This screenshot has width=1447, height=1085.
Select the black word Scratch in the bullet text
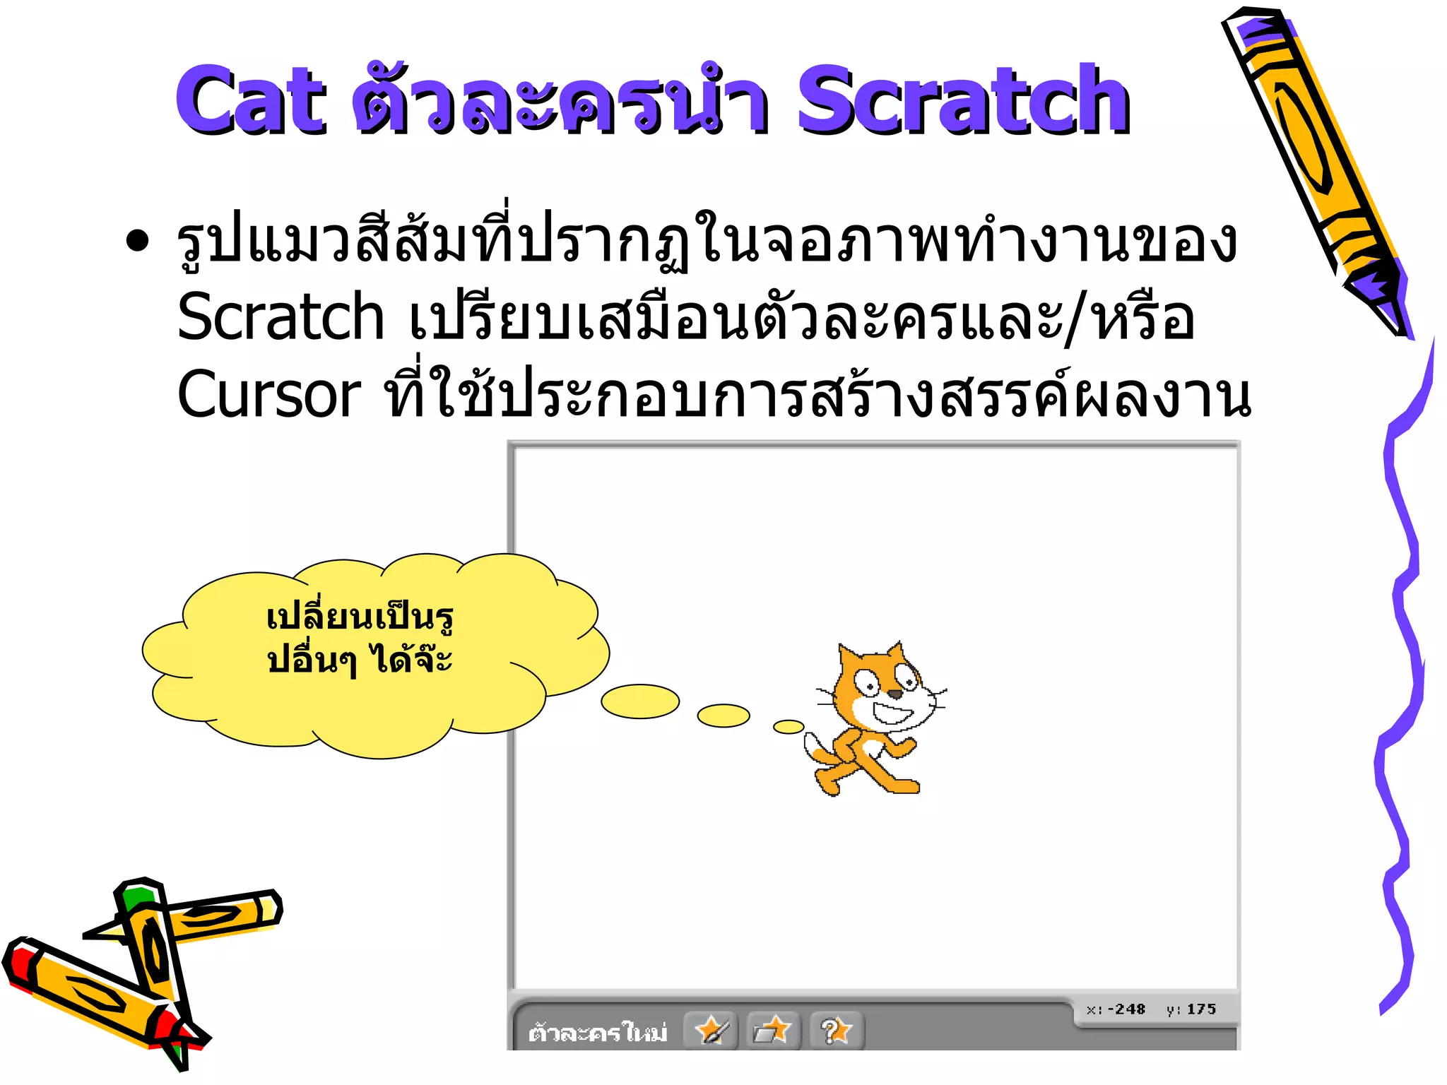coord(280,317)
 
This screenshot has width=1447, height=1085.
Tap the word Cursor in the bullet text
coord(268,394)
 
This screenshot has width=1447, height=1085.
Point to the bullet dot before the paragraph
coord(137,241)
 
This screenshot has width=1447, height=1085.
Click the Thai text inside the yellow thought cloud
coord(360,639)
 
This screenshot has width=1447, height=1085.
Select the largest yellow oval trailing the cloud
coord(640,701)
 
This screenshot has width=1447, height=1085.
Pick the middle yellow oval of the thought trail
coord(723,715)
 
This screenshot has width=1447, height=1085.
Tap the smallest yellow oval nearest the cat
coord(789,727)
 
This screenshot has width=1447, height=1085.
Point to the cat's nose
coord(895,694)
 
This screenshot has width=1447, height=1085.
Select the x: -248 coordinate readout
coord(1116,1009)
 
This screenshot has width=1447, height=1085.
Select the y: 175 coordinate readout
coord(1191,1009)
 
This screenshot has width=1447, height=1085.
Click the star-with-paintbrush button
coord(711,1031)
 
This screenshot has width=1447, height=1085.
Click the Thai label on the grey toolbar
coord(598,1033)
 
